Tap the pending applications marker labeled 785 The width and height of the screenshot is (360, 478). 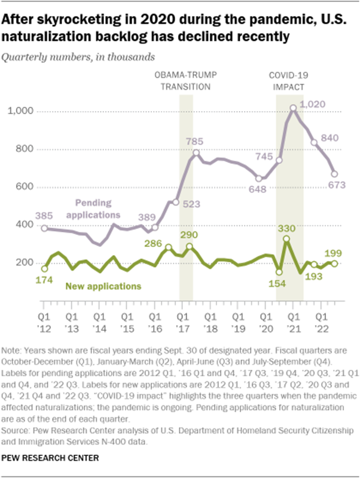tap(196, 153)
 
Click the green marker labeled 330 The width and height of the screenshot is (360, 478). tap(286, 239)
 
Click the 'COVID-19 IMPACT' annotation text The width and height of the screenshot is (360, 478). tap(285, 81)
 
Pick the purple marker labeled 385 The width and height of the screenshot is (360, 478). tap(44, 228)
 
